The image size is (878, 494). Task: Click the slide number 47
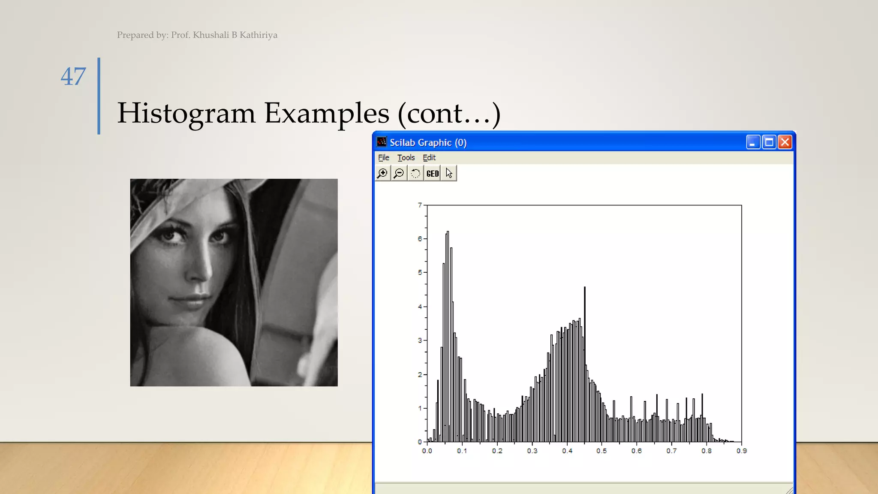click(x=73, y=77)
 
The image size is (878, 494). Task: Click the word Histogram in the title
click(x=186, y=114)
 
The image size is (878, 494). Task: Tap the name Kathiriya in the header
click(x=258, y=35)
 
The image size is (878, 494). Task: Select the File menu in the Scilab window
click(x=383, y=158)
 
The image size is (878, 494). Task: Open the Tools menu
click(x=406, y=158)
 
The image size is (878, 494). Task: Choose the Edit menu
click(x=429, y=158)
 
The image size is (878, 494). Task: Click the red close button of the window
click(x=785, y=142)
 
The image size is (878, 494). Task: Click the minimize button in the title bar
click(x=753, y=142)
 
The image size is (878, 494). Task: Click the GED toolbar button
click(x=432, y=173)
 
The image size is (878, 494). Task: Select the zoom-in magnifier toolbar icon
click(x=382, y=173)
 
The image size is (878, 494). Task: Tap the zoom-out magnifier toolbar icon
click(x=399, y=173)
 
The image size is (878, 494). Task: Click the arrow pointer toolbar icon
click(x=449, y=173)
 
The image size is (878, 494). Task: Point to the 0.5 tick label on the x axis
click(x=601, y=451)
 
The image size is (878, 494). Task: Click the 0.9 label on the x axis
click(x=742, y=451)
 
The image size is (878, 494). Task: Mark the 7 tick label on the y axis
click(x=420, y=205)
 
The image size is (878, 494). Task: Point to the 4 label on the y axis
click(x=420, y=307)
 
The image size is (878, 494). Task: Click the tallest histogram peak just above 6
click(x=448, y=233)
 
